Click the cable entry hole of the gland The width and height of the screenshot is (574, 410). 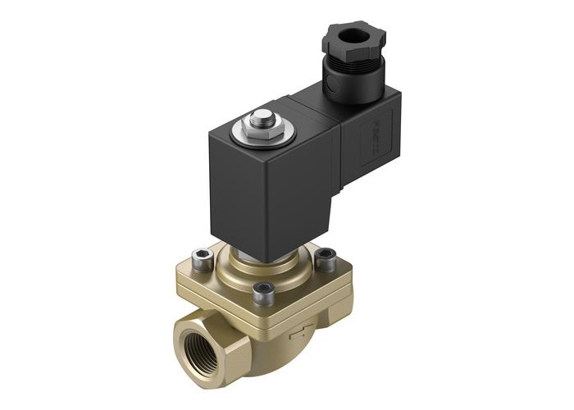[353, 39]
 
